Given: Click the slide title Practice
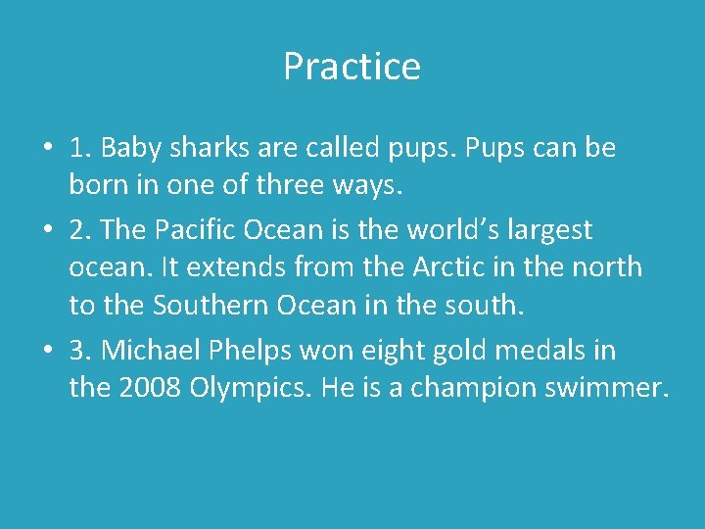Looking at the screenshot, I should click(352, 67).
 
